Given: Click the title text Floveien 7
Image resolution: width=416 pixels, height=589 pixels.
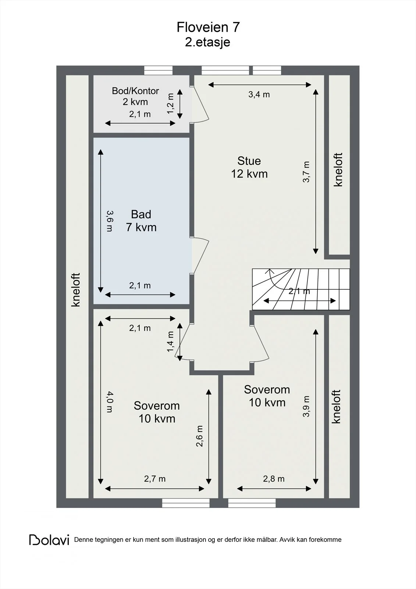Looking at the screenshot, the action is (208, 27).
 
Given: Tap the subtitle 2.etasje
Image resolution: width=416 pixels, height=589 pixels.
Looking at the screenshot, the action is (207, 42).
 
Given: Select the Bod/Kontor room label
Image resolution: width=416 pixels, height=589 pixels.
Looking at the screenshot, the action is (135, 91).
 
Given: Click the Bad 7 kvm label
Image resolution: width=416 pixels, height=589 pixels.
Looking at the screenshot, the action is (141, 221).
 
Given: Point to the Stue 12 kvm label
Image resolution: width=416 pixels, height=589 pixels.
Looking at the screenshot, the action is (249, 167).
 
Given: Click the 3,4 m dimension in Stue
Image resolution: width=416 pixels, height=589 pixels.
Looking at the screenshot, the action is (259, 94).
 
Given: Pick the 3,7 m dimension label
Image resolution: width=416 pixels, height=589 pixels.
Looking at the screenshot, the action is (306, 172).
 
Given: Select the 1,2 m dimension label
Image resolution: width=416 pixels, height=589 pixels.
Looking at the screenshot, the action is (171, 103).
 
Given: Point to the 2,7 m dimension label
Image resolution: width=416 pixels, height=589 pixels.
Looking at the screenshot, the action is (155, 479).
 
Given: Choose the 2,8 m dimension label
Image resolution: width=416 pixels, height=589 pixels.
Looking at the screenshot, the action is (274, 479).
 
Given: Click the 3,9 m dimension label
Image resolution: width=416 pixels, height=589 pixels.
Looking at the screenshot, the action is (306, 406).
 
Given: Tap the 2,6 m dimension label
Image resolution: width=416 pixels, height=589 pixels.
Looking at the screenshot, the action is (199, 436).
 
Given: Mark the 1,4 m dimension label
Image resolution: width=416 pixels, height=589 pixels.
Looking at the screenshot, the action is (171, 342).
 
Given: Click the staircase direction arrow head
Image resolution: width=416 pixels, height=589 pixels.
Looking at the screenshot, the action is (269, 272).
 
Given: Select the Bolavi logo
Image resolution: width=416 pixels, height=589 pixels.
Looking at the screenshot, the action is (49, 540).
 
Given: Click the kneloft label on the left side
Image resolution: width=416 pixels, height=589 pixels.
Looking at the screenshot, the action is (76, 290).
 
